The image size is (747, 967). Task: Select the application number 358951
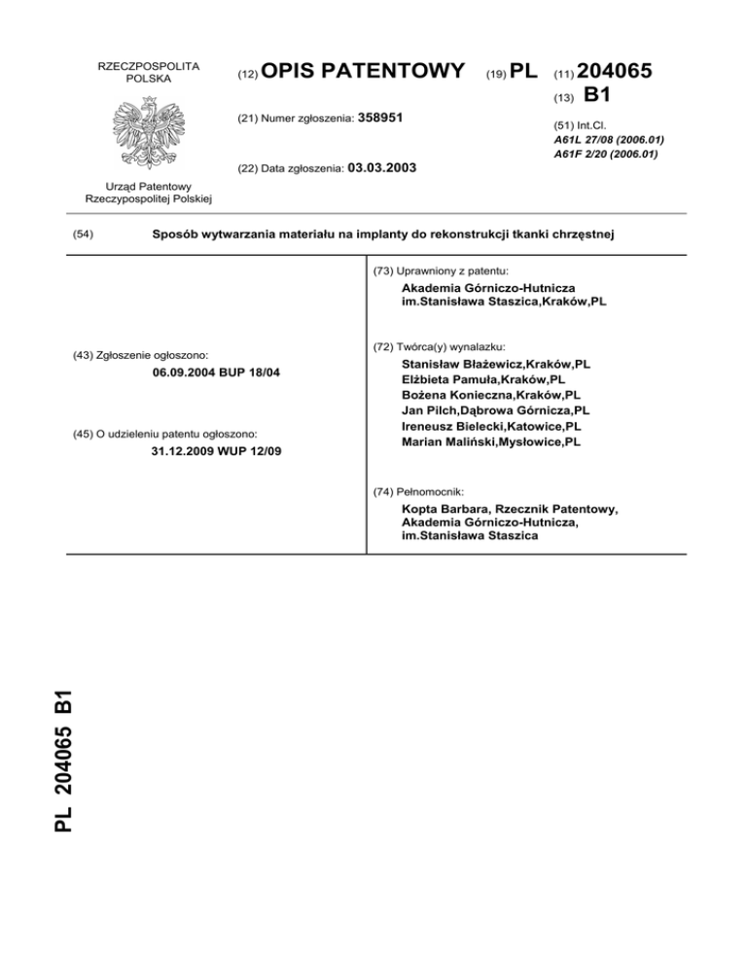(x=380, y=118)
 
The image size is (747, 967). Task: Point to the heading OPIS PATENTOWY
(x=363, y=71)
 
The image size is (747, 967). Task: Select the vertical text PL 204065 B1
(x=64, y=760)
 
